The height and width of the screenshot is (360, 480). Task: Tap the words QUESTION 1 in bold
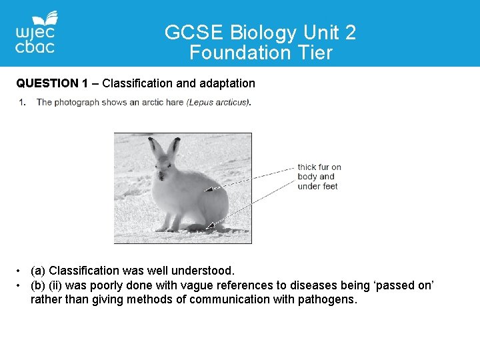(x=52, y=83)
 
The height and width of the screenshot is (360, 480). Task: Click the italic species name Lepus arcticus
(x=218, y=102)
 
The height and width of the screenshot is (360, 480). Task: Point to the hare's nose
(x=160, y=177)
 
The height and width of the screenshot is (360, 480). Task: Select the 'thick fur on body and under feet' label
(x=319, y=177)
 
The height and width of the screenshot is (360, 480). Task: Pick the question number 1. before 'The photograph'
(x=23, y=102)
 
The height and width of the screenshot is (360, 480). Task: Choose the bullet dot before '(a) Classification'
(x=21, y=271)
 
